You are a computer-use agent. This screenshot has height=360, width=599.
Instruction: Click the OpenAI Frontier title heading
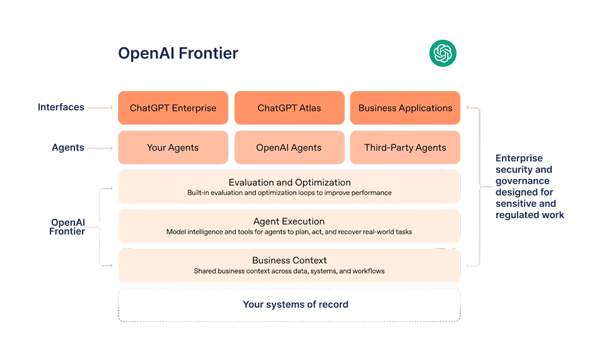(x=178, y=54)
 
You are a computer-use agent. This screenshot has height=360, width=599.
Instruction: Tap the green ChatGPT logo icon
(x=443, y=54)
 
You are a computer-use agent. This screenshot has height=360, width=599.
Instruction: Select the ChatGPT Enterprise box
(x=173, y=108)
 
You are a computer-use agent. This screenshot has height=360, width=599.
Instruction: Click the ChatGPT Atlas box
(x=289, y=108)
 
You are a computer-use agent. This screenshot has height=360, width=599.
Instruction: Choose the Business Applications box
(x=405, y=108)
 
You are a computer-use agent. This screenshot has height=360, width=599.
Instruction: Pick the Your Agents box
(x=173, y=148)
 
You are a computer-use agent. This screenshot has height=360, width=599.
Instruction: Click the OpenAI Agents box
(x=289, y=148)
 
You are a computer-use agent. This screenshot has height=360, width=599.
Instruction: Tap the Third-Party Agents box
(x=405, y=148)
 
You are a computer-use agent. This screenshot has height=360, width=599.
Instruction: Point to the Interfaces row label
(x=61, y=107)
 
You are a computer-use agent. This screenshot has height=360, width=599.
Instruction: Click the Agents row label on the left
(x=67, y=148)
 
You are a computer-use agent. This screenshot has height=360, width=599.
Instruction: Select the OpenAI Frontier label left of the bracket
(x=67, y=226)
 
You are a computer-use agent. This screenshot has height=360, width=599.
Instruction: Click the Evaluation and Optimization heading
(x=289, y=182)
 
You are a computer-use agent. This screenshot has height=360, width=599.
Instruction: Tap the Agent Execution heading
(x=289, y=221)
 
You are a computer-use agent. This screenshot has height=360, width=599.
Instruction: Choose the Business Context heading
(x=289, y=260)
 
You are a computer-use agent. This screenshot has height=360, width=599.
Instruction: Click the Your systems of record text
(x=295, y=305)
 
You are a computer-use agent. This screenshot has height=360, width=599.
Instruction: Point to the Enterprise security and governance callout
(x=529, y=186)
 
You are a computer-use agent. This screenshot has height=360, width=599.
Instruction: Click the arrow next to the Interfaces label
(x=101, y=108)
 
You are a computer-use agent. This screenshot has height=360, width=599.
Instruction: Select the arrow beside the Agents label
(x=101, y=148)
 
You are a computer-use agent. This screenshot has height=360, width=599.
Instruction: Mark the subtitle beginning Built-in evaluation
(x=289, y=193)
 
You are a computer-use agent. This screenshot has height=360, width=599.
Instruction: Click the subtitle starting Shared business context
(x=289, y=271)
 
